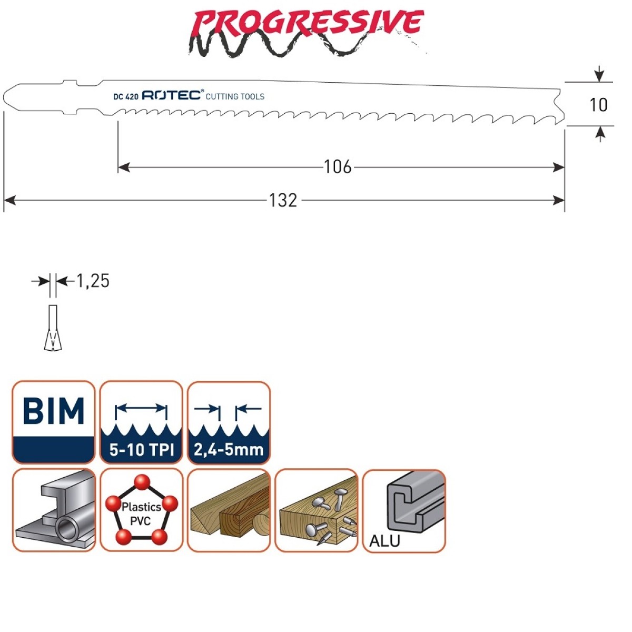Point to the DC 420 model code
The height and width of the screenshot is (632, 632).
126,96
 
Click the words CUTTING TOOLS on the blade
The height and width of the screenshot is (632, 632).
235,96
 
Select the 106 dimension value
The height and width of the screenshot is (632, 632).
338,167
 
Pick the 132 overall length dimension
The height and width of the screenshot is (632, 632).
283,200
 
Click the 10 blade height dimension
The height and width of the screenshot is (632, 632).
598,105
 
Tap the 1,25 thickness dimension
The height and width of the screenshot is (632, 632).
93,281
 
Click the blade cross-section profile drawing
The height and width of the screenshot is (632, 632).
53,328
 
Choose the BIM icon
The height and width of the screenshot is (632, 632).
54,422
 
